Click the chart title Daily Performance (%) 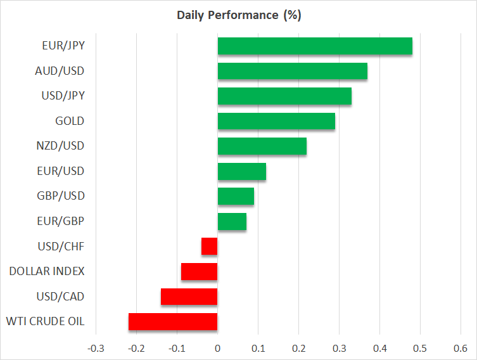[x=238, y=16]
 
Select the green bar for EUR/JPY [x=315, y=46]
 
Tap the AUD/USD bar [x=292, y=71]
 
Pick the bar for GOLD [x=276, y=121]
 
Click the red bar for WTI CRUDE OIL [x=173, y=322]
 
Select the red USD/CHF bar [x=210, y=246]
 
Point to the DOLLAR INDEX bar [x=200, y=271]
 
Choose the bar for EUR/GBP [x=232, y=221]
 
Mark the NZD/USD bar [x=262, y=146]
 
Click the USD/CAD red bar [x=189, y=297]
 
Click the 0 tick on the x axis [x=217, y=348]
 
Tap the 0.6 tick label [x=461, y=348]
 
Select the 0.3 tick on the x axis [x=339, y=348]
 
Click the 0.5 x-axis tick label [x=420, y=348]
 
